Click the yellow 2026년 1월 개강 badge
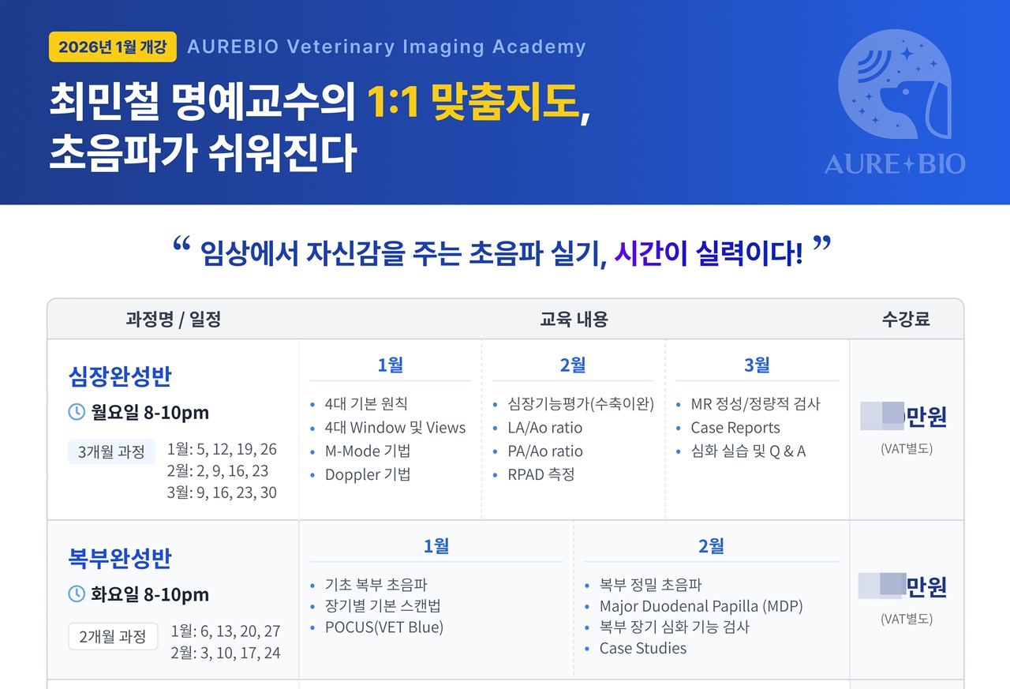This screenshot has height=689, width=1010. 112,47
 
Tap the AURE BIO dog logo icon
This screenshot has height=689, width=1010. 894,87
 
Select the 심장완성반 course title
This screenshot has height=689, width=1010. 119,377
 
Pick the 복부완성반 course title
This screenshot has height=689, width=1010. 119,559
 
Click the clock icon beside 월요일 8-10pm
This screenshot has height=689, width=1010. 77,412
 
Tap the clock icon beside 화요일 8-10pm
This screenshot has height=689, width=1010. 77,594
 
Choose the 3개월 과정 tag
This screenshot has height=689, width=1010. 111,452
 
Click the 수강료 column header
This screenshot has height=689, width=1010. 906,320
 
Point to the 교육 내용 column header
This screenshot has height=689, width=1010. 574,320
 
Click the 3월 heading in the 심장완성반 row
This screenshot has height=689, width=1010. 757,365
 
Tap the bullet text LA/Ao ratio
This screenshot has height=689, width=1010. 544,428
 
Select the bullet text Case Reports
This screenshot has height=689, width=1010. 735,428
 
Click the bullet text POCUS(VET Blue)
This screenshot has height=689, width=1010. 383,627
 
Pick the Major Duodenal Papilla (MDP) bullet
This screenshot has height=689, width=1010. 701,606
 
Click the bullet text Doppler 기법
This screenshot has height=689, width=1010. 367,474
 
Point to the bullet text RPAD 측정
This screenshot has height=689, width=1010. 541,474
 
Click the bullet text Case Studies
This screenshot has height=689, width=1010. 642,648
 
